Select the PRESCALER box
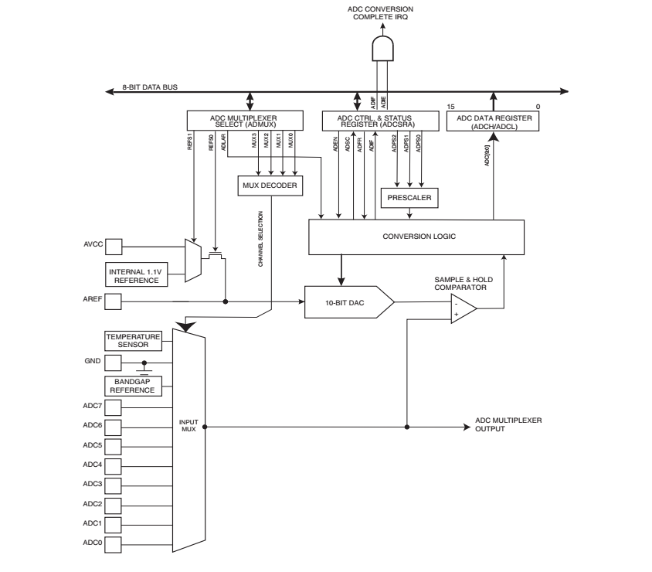pyautogui.click(x=409, y=198)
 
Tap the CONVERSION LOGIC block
pyautogui.click(x=418, y=236)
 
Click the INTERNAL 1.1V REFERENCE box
pyautogui.click(x=138, y=274)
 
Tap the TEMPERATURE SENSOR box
pyautogui.click(x=133, y=340)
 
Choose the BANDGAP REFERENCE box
pyautogui.click(x=133, y=386)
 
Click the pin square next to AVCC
pyautogui.click(x=114, y=247)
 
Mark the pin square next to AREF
pyautogui.click(x=114, y=301)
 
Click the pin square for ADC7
pyautogui.click(x=114, y=407)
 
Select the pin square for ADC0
pyautogui.click(x=114, y=544)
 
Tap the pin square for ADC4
pyautogui.click(x=114, y=466)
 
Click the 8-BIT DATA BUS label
pyautogui.click(x=152, y=87)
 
